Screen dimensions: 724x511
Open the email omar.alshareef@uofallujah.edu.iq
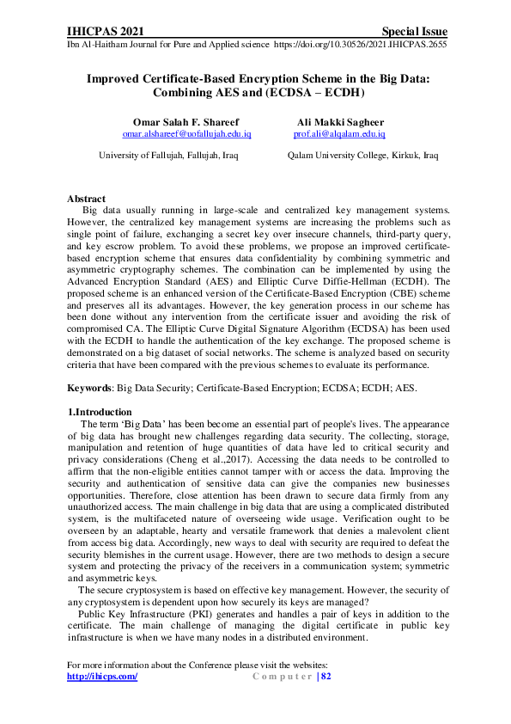coord(186,134)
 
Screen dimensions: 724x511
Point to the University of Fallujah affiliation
coord(168,156)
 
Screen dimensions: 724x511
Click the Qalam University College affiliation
coord(362,156)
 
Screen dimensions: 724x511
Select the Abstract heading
coord(86,199)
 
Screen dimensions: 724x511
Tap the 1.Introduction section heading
coord(100,412)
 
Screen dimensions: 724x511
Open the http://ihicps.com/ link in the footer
coord(102,677)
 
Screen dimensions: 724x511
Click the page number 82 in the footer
coord(325,677)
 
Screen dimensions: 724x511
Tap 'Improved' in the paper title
coord(116,77)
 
